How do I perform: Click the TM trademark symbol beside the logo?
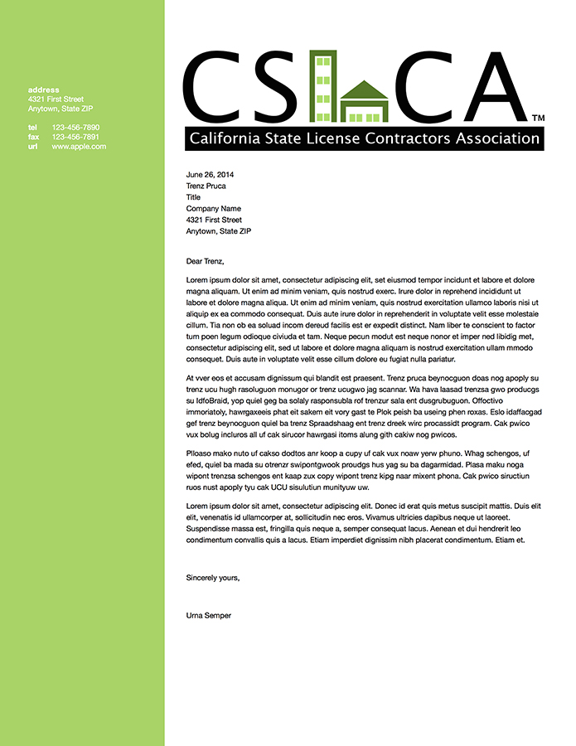(x=537, y=119)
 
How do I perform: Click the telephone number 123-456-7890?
(x=75, y=128)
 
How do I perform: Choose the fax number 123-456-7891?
(x=75, y=137)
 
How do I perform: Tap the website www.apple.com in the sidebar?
(x=79, y=146)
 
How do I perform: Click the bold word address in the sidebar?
(x=43, y=90)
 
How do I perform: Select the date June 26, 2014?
(x=210, y=175)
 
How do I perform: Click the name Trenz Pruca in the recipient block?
(x=206, y=186)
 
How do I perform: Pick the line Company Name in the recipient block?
(x=213, y=209)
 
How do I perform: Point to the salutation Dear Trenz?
(x=206, y=261)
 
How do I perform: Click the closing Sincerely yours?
(x=213, y=577)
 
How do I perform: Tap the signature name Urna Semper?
(x=209, y=616)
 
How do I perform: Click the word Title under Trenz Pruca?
(x=193, y=197)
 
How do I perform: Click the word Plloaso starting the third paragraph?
(x=202, y=453)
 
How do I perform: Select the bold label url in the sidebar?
(x=33, y=146)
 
